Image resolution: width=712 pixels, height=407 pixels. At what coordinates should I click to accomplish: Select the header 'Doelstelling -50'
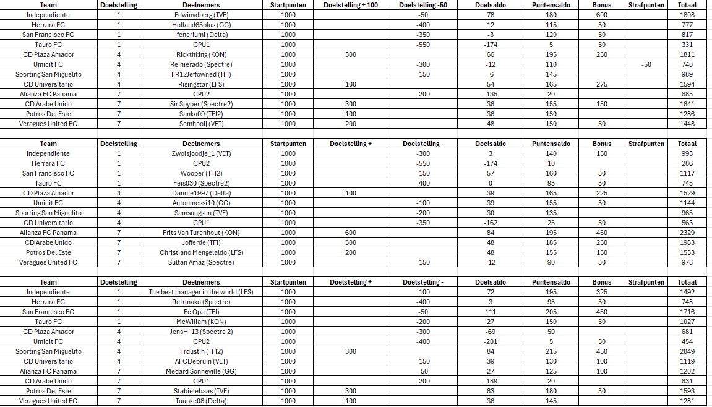tap(422, 5)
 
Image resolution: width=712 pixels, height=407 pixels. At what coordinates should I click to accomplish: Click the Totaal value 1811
tap(687, 54)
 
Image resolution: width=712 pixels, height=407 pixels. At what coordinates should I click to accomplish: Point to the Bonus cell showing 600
tap(602, 15)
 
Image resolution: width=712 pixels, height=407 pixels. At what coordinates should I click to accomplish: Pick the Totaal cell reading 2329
tap(687, 233)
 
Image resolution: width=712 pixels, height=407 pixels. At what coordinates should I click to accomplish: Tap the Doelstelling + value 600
tap(351, 233)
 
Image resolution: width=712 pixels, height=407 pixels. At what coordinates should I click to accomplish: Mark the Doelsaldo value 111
tap(490, 312)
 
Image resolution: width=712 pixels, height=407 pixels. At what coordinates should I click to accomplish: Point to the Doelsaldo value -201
tap(490, 341)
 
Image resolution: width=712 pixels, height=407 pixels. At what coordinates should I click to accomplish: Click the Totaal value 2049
tap(687, 351)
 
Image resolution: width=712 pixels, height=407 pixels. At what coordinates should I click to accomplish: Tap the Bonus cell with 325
tap(602, 292)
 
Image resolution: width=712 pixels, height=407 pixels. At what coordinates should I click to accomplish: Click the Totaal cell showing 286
tap(687, 163)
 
